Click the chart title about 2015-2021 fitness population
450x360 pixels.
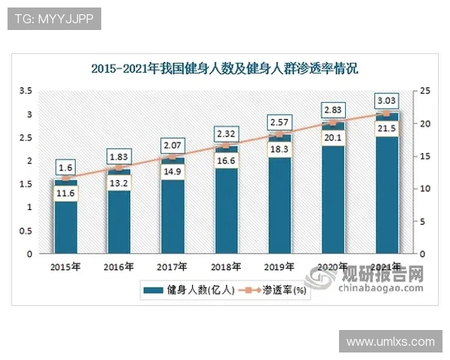click(x=225, y=68)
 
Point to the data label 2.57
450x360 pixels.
click(x=279, y=121)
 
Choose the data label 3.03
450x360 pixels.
click(x=387, y=100)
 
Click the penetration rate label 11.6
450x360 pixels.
click(x=65, y=194)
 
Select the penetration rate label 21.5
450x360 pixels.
click(x=387, y=129)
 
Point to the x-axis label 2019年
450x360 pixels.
click(x=279, y=266)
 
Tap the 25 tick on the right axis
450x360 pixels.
click(x=424, y=91)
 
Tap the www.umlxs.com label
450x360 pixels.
click(x=390, y=341)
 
